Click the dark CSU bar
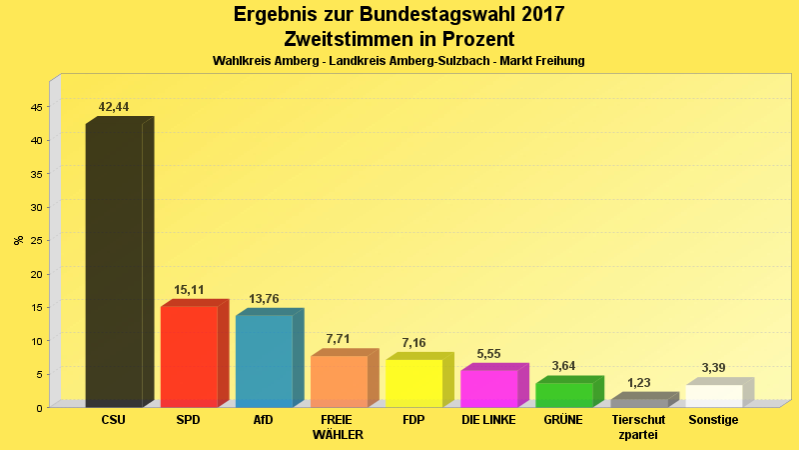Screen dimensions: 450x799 point(114,265)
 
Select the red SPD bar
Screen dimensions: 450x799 point(189,356)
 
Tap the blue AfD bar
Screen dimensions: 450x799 point(264,360)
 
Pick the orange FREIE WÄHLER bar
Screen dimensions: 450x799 point(339,381)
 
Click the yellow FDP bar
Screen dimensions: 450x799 point(413,383)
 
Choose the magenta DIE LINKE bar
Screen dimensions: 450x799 point(488,388)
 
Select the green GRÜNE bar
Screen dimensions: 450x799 point(563,394)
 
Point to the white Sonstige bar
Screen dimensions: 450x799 point(713,395)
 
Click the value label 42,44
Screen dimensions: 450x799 point(114,107)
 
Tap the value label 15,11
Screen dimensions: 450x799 point(189,291)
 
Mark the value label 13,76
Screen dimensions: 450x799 point(264,299)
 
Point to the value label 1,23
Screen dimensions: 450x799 point(638,383)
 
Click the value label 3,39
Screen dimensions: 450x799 point(713,368)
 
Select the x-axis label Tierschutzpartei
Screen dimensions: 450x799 point(638,427)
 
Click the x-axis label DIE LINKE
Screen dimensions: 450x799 point(488,420)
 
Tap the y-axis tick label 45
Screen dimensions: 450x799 point(36,107)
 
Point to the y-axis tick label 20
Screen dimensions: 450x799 point(36,274)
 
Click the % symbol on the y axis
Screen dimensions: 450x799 point(18,240)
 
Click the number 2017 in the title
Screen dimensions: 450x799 point(534,15)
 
